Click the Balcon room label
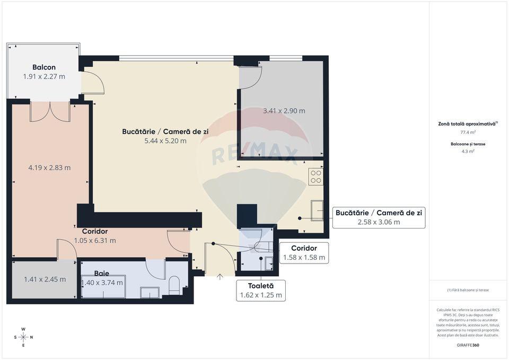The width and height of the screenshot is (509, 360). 44,67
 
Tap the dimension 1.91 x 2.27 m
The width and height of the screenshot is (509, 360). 44,76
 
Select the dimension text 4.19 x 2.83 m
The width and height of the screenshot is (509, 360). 49,168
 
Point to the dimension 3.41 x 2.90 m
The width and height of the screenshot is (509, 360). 284,111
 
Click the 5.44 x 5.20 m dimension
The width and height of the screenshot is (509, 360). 165,141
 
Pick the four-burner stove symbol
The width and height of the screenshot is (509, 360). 315,176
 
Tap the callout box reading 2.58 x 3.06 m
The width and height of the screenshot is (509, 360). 379,217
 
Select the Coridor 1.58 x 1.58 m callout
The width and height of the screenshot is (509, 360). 304,253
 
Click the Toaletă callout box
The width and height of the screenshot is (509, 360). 260,291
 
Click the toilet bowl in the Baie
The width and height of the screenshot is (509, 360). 174,287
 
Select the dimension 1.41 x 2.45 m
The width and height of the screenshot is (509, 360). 45,279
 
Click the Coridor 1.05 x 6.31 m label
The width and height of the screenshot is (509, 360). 99,236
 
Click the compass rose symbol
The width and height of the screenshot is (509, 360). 23,337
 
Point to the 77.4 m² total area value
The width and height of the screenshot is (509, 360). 468,133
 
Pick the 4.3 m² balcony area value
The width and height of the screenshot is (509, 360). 468,151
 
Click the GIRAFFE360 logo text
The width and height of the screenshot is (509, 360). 468,345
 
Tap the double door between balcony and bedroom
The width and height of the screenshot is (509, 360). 50,110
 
